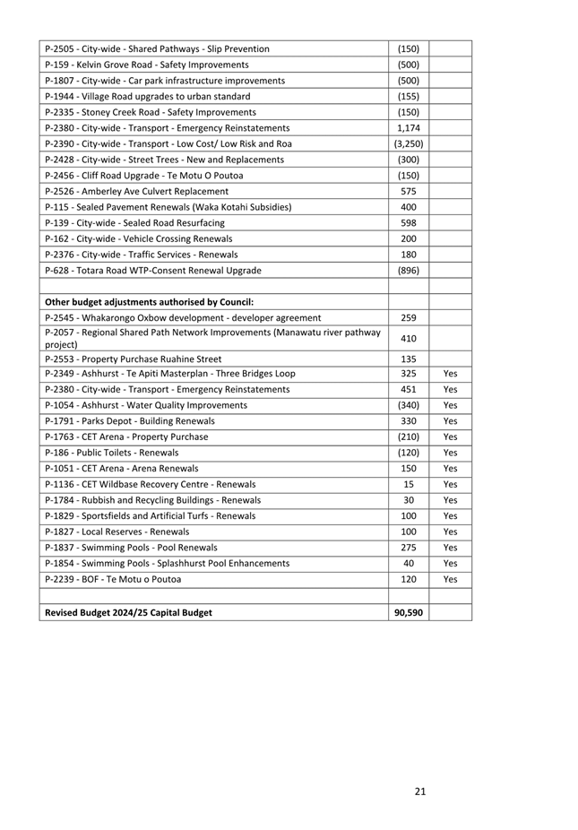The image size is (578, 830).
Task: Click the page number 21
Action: (x=420, y=791)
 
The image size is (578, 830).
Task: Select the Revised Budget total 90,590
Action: (x=408, y=613)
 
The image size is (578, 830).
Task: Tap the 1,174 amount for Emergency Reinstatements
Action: (x=408, y=128)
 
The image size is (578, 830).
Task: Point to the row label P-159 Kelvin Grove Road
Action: (x=146, y=65)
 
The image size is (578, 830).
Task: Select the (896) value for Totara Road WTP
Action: (x=408, y=270)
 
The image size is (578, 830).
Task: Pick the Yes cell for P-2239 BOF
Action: (x=451, y=579)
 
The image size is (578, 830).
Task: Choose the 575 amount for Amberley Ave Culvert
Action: (x=408, y=191)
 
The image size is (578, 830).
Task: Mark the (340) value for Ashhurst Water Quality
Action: (x=408, y=405)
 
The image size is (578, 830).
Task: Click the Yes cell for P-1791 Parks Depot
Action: (x=451, y=420)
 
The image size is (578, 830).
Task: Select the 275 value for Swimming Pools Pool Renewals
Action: (x=408, y=547)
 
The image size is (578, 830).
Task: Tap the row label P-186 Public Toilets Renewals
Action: (x=120, y=453)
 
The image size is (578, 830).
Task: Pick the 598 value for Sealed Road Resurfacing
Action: (x=408, y=222)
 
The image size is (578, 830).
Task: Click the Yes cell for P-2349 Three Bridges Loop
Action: (x=451, y=373)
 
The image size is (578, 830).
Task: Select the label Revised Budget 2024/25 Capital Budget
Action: (x=129, y=613)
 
